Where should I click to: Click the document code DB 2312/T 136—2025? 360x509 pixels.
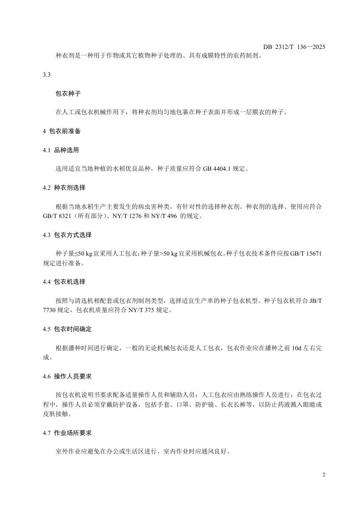click(x=294, y=47)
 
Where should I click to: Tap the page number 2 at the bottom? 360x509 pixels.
click(x=324, y=475)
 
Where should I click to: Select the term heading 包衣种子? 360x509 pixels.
click(x=68, y=93)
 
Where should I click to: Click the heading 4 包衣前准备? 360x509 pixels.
click(x=62, y=131)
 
